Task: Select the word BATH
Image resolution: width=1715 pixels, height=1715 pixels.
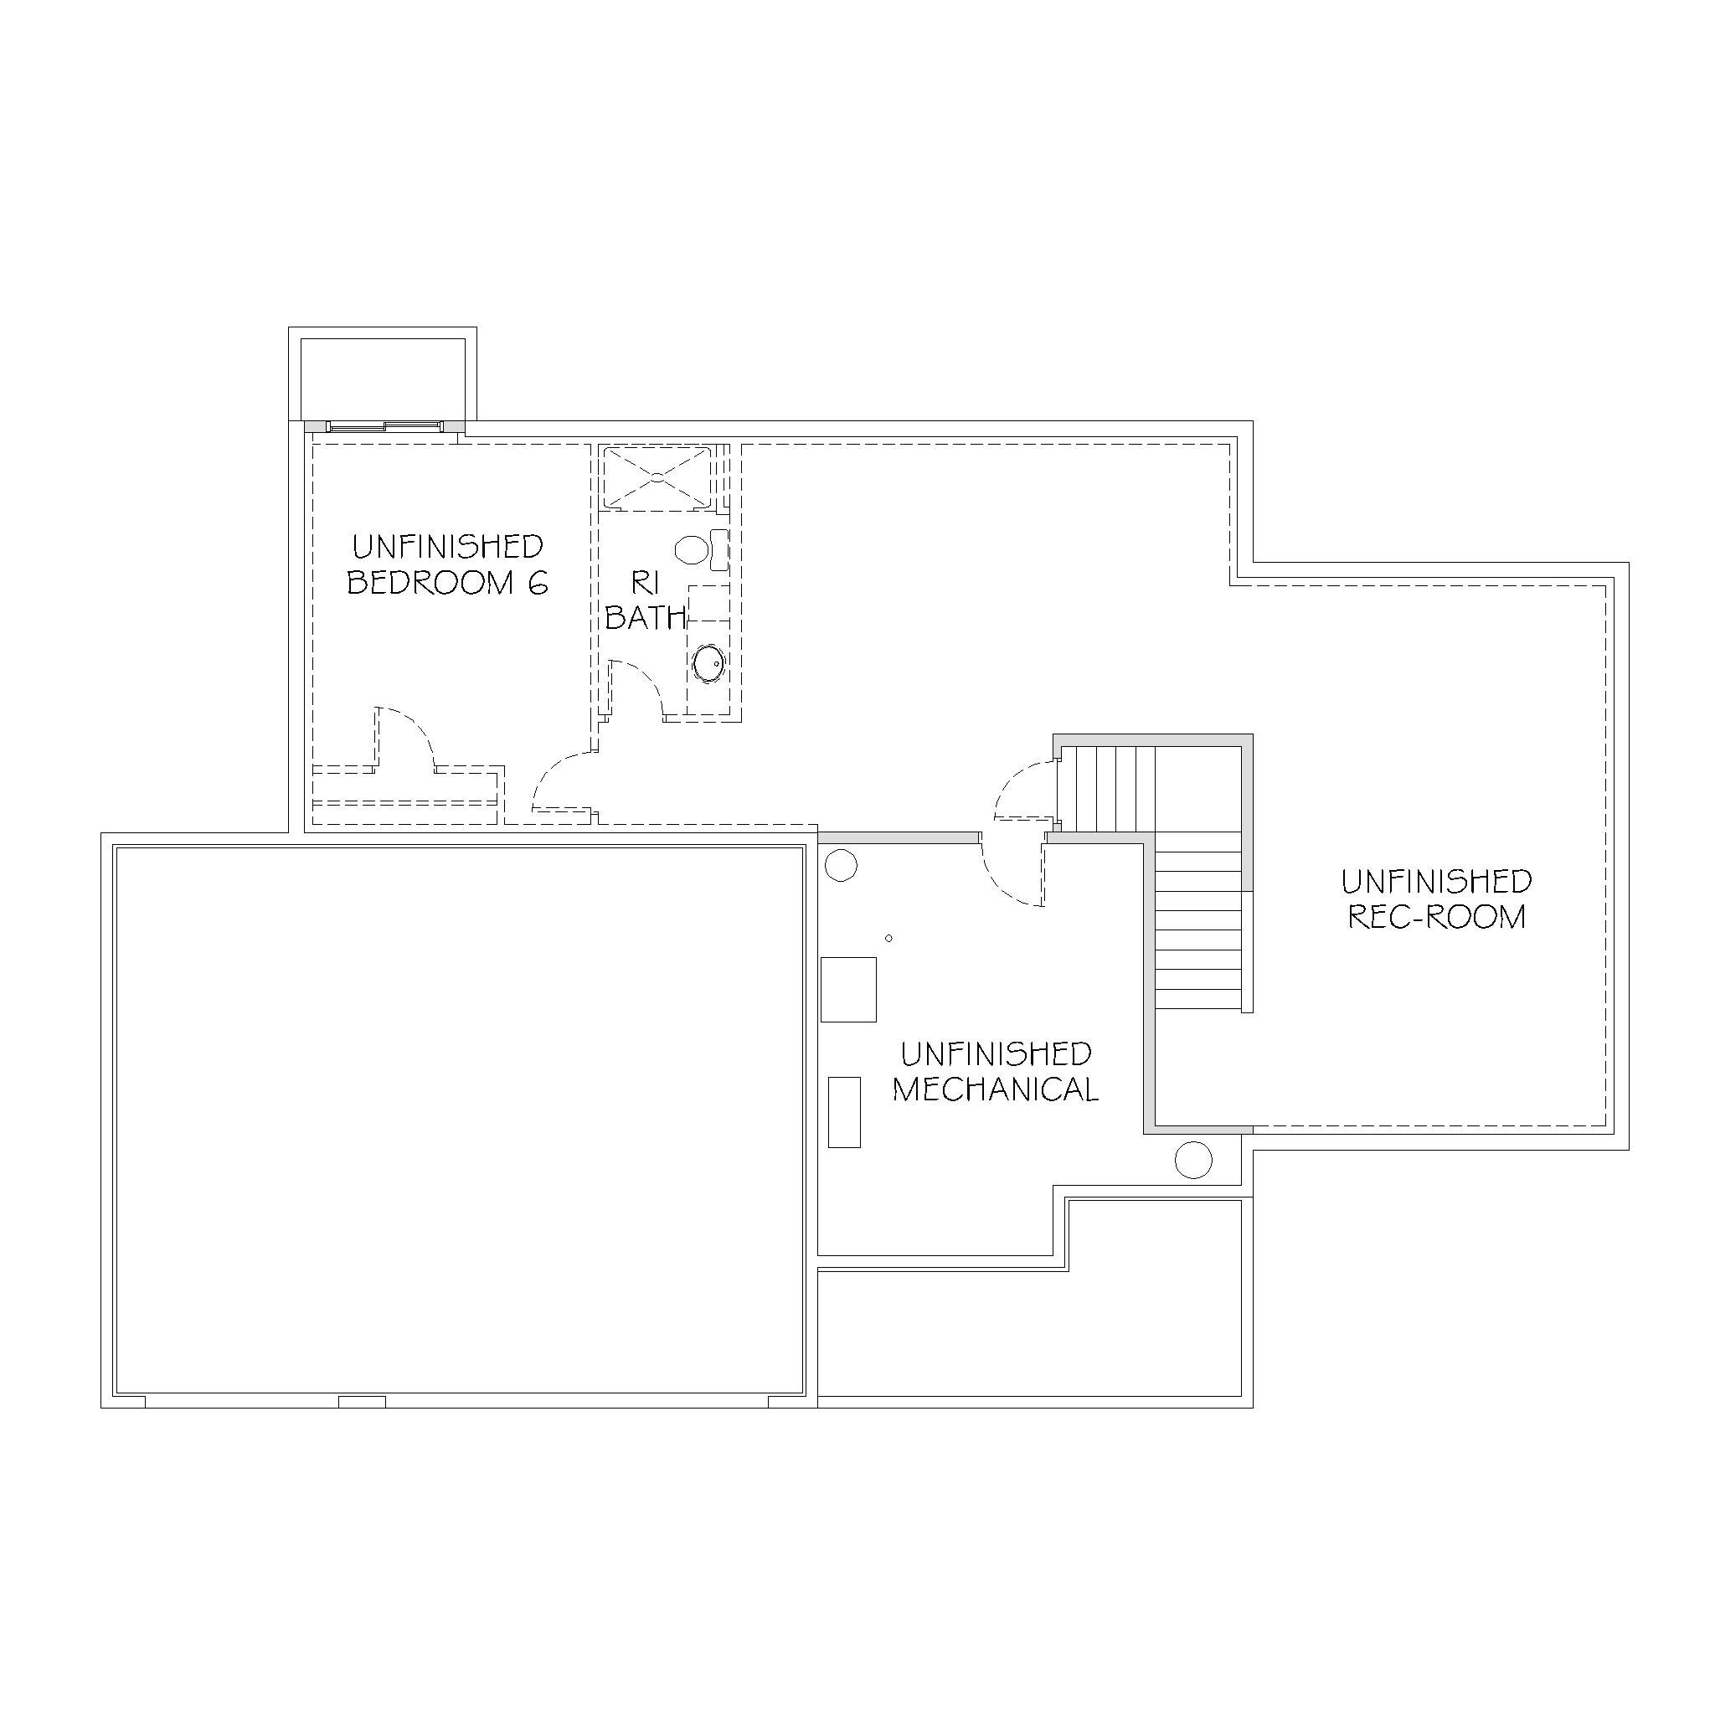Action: (x=646, y=617)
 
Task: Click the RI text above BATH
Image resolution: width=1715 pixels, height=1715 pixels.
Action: (x=646, y=583)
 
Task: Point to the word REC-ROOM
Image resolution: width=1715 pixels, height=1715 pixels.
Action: (x=1436, y=916)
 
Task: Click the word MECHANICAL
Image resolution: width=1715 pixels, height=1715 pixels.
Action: (x=995, y=1089)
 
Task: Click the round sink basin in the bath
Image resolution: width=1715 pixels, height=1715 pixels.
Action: (x=708, y=662)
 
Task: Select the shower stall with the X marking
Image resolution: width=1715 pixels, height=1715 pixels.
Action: (x=657, y=477)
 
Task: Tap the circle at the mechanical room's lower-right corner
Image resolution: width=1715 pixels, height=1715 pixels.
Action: (x=1193, y=1159)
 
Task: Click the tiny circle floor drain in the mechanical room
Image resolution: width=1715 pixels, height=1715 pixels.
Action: (x=888, y=938)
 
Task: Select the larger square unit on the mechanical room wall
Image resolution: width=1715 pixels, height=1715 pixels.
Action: (x=848, y=989)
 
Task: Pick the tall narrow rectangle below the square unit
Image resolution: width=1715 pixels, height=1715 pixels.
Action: (x=844, y=1112)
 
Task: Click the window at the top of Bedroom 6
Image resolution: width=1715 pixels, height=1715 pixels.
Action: (x=384, y=427)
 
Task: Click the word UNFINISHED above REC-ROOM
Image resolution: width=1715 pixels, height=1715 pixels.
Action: (x=1436, y=882)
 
